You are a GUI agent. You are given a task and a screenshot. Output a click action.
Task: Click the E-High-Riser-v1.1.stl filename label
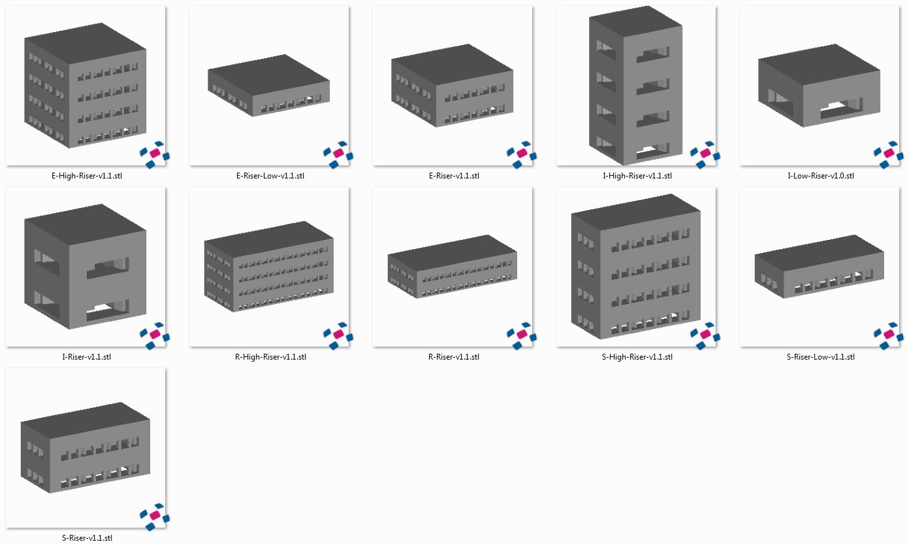(86, 176)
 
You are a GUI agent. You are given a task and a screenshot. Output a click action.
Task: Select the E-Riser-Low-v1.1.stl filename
(270, 176)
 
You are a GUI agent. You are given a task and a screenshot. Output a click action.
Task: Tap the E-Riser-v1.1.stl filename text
(453, 176)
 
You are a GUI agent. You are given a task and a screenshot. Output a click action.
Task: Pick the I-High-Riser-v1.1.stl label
(637, 176)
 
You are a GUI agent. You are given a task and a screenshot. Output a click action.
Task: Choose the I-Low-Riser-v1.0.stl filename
(820, 176)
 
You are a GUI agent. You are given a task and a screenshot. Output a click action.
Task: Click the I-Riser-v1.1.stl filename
(86, 357)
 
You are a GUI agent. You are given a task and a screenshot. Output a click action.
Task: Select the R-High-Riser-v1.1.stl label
(270, 357)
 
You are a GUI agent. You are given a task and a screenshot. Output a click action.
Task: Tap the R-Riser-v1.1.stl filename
(453, 357)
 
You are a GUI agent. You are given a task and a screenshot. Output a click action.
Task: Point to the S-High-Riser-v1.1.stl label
(637, 357)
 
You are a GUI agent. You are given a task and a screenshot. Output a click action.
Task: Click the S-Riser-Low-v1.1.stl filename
(820, 357)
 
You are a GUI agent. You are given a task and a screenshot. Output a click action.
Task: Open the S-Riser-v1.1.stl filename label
(86, 538)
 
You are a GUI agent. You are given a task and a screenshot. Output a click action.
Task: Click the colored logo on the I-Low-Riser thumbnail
(888, 154)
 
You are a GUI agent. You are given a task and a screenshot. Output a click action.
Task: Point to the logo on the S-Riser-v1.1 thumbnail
(154, 515)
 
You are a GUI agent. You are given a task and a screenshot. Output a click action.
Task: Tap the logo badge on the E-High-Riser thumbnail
(154, 154)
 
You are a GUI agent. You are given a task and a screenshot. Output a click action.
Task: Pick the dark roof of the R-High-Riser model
(269, 232)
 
